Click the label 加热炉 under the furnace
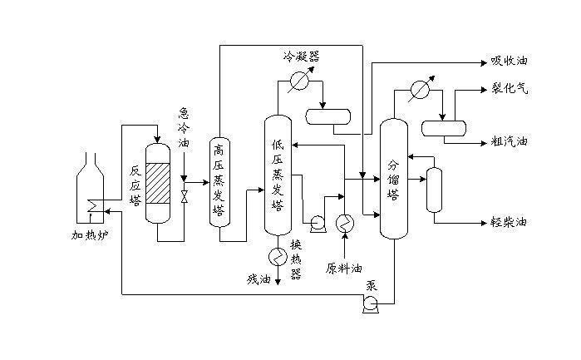point(90,234)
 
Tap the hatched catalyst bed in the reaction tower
point(158,183)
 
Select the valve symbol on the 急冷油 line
point(185,196)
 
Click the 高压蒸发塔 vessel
point(219,182)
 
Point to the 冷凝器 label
point(301,57)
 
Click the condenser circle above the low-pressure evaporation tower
point(299,80)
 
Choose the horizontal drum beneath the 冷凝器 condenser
point(328,116)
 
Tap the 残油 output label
point(258,279)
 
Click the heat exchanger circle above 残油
point(278,256)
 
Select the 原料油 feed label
point(343,268)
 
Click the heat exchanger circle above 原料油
point(345,223)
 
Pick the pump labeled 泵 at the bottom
point(370,304)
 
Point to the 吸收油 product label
point(510,61)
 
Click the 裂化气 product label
point(510,89)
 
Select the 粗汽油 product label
point(510,141)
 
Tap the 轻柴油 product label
point(509,222)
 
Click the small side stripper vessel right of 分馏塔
point(434,190)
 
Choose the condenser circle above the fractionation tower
point(421,89)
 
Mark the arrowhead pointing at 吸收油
point(484,63)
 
